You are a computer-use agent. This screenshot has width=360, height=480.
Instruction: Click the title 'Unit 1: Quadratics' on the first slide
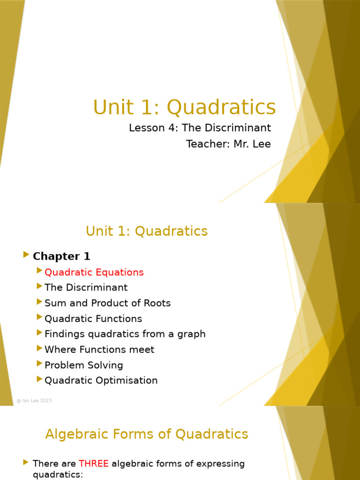click(184, 107)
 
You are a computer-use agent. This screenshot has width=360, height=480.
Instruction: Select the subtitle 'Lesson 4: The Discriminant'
click(200, 128)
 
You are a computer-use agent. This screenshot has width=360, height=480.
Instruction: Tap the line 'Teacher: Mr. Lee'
click(228, 144)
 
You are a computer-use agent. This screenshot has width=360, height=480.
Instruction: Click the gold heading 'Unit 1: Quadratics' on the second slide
click(147, 231)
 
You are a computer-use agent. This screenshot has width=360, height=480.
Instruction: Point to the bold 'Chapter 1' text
click(61, 256)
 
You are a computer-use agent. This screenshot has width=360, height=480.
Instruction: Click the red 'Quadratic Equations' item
click(94, 272)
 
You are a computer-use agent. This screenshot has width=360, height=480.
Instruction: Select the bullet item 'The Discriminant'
click(86, 287)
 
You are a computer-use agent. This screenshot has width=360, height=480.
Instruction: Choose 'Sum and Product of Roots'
click(107, 303)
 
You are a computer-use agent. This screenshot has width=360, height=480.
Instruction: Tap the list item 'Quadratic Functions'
click(93, 319)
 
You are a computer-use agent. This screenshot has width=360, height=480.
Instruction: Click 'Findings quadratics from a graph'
click(125, 334)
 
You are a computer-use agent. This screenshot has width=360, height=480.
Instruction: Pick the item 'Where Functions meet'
click(99, 350)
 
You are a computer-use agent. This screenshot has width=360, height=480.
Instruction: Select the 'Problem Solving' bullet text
click(83, 365)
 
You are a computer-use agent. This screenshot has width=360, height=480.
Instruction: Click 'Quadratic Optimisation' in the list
click(101, 381)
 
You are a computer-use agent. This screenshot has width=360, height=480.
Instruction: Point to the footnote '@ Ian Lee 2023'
click(34, 401)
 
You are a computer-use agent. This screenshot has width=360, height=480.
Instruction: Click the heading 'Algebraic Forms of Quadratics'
click(147, 435)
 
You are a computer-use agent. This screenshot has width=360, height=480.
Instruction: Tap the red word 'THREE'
click(94, 464)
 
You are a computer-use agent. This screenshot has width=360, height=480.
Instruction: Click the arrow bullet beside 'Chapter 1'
click(26, 255)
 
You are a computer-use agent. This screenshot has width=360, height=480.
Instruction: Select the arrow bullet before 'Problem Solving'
click(39, 364)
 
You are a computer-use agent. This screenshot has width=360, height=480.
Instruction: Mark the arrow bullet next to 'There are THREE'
click(26, 463)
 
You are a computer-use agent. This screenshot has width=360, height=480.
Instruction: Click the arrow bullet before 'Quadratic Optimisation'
click(39, 379)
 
